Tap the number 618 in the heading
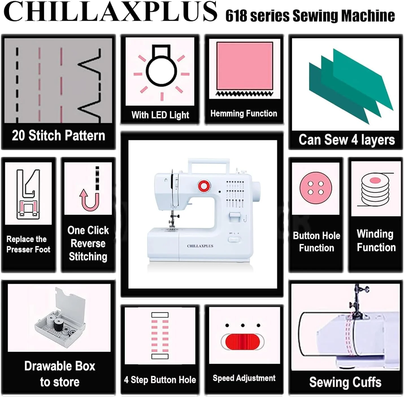(236, 16)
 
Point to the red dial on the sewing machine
(204, 185)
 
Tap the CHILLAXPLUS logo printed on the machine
(200, 246)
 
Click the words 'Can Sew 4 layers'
(347, 140)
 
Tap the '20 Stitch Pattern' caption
(58, 136)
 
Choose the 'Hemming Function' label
(244, 114)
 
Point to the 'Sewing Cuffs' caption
(345, 382)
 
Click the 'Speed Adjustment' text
(244, 378)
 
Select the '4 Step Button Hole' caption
(160, 380)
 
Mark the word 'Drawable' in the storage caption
(60, 366)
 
